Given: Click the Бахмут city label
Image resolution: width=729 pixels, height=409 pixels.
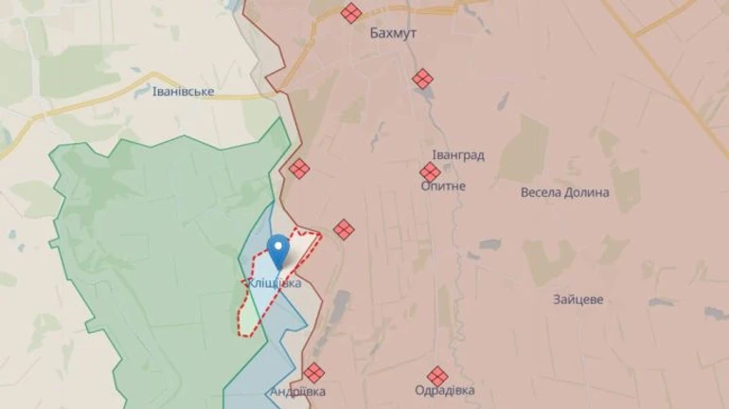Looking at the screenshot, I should click(x=393, y=33).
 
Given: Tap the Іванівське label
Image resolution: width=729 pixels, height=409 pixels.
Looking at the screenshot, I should click(x=183, y=92).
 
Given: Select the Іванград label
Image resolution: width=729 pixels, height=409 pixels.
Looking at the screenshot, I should click(x=458, y=154).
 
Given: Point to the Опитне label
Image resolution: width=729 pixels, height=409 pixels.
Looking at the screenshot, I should click(x=443, y=187).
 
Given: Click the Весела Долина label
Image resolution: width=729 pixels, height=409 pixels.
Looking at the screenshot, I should click(x=564, y=192).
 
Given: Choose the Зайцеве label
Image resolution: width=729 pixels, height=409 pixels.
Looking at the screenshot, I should click(x=578, y=299).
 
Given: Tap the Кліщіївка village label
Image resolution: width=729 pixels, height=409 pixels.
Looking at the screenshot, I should click(x=275, y=283).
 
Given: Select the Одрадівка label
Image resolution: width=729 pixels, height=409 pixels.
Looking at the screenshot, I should click(x=445, y=390).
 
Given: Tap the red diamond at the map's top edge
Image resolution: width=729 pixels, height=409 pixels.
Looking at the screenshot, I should click(x=351, y=11).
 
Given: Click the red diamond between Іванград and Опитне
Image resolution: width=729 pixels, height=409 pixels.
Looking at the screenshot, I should click(x=430, y=171).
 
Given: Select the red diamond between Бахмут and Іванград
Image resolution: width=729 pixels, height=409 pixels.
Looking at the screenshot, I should click(x=422, y=79).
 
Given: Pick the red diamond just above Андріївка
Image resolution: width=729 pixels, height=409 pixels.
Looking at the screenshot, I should click(x=313, y=373).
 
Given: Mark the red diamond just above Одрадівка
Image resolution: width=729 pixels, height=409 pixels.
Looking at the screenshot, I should click(x=436, y=376).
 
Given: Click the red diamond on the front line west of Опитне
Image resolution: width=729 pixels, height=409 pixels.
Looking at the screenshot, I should click(x=299, y=169).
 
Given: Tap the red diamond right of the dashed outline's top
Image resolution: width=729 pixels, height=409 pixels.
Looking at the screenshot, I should click(x=343, y=229).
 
